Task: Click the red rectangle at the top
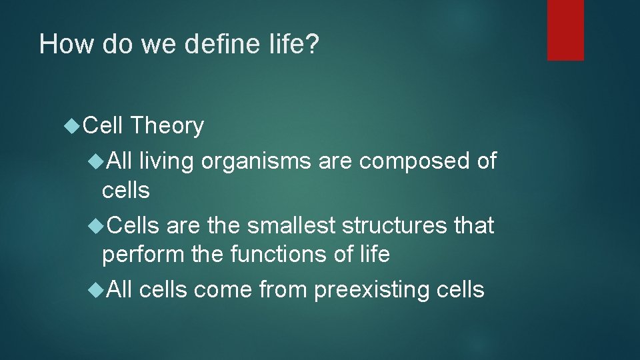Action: click(565, 30)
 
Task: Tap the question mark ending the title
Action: click(313, 45)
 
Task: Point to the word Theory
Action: click(167, 125)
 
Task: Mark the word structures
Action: click(394, 226)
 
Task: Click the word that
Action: click(474, 226)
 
